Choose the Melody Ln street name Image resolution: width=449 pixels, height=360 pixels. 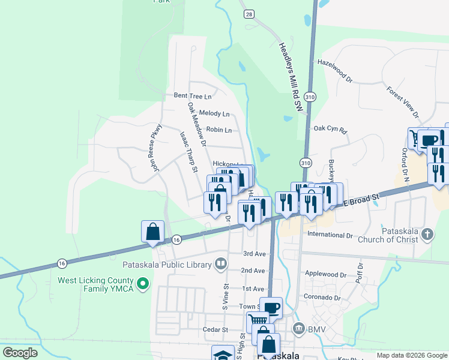(x=214, y=113)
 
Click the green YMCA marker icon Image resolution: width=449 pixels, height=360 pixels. (x=143, y=283)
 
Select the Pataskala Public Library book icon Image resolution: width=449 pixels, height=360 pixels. (x=221, y=264)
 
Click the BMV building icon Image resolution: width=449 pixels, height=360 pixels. (x=299, y=328)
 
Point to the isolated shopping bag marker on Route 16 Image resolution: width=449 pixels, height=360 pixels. (x=152, y=232)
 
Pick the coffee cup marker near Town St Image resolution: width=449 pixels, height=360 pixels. (x=271, y=308)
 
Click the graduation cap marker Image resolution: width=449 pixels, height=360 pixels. (x=223, y=355)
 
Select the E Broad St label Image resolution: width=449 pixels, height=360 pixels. (x=362, y=201)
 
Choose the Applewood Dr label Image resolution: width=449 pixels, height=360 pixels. (x=326, y=274)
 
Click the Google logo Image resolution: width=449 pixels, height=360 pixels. (x=20, y=353)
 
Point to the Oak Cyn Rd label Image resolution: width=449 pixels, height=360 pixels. (x=330, y=129)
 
